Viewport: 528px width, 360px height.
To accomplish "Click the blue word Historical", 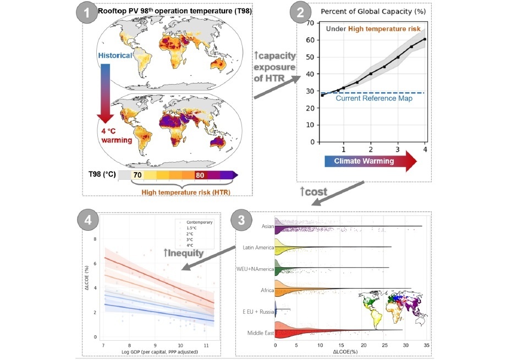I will pyautogui.click(x=116, y=56).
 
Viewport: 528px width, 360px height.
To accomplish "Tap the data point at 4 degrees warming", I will pyautogui.click(x=425, y=39).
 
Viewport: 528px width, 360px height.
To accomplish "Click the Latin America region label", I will pyautogui.click(x=258, y=247).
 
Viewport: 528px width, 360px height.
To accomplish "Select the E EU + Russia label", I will pyautogui.click(x=257, y=311).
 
